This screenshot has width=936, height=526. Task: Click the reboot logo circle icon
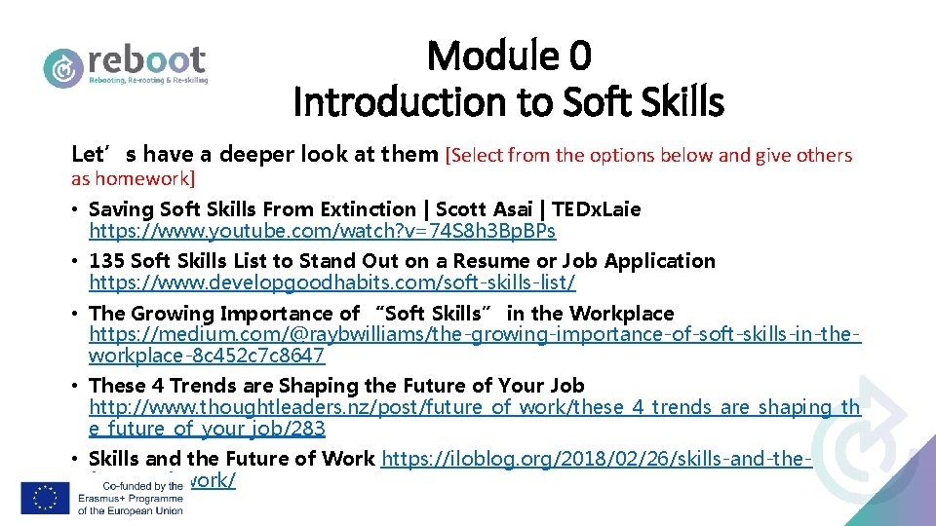(x=63, y=67)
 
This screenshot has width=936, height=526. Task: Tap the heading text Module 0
(x=509, y=56)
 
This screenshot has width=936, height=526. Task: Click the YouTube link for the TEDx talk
(x=322, y=231)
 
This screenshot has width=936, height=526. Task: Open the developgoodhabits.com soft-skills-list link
(x=331, y=282)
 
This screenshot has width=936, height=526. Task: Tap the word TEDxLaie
(x=597, y=209)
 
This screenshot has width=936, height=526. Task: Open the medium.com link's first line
(x=475, y=335)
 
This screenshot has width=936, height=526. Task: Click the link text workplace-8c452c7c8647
(x=207, y=356)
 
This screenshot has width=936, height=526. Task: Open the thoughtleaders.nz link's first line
(x=475, y=407)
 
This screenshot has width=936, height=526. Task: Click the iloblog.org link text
(x=597, y=459)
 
